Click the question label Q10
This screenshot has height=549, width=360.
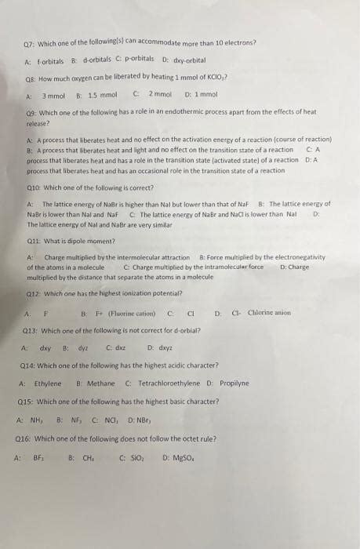click(35, 188)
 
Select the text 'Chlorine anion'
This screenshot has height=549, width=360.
click(269, 313)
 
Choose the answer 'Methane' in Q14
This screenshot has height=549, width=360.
click(100, 384)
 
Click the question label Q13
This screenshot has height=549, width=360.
click(31, 330)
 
